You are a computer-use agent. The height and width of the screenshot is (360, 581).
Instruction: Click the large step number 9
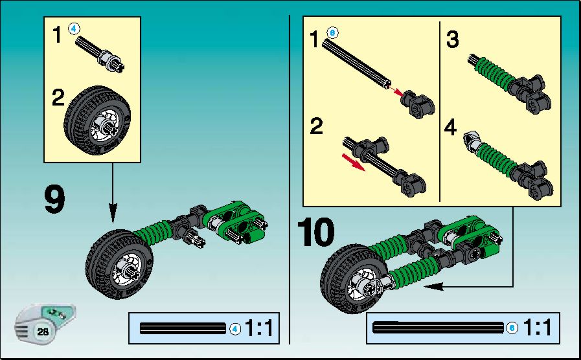point(55,200)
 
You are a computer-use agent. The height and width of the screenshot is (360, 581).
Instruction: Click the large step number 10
point(315,232)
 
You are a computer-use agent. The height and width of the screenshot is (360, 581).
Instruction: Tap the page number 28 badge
point(43,331)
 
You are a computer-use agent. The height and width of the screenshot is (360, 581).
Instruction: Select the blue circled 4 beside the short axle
point(74,28)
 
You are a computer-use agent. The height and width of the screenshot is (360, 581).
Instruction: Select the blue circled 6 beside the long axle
point(332,32)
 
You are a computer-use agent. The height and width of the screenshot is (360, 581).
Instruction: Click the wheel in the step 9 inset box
point(97,120)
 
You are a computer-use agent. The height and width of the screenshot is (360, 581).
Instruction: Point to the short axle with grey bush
point(100,54)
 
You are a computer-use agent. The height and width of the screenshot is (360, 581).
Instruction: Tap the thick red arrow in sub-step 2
point(353,162)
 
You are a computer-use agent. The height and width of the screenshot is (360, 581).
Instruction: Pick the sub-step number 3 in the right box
point(452,39)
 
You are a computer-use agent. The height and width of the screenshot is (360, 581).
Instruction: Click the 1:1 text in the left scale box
point(258,328)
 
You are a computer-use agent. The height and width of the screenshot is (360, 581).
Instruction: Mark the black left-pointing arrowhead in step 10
point(433,286)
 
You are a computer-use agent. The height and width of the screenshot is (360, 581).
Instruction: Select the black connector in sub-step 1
point(418,104)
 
